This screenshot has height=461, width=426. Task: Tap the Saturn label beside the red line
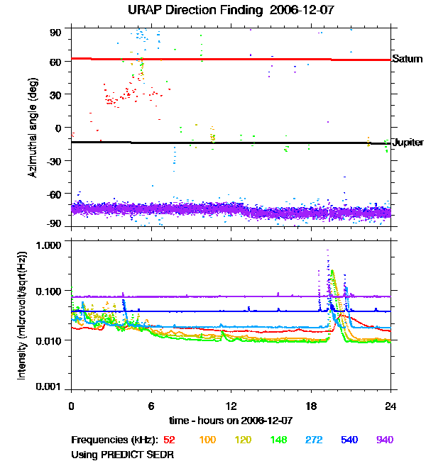click(407, 60)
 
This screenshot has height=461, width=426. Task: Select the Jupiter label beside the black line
click(408, 143)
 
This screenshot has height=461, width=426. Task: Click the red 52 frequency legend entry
click(170, 440)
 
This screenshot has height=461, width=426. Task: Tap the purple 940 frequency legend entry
click(384, 440)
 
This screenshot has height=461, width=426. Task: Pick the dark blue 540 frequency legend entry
click(349, 440)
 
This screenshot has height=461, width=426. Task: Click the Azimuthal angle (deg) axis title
click(33, 128)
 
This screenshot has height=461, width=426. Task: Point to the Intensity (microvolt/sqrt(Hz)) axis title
click(23, 317)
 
